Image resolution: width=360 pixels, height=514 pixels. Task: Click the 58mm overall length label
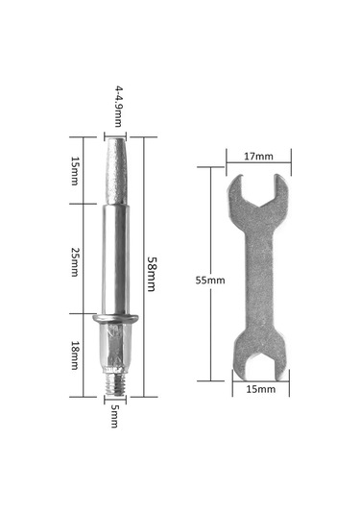tap(151, 274)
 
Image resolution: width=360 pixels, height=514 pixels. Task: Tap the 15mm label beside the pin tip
tap(75, 171)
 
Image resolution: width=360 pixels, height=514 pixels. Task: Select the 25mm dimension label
tap(75, 261)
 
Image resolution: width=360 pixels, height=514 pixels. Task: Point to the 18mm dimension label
tap(75, 355)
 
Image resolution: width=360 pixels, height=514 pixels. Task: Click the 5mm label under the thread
tap(114, 416)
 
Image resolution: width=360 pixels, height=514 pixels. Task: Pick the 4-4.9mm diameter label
tap(118, 107)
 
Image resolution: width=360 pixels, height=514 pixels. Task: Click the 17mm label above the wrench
tap(258, 157)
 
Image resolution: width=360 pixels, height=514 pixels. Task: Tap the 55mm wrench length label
tap(210, 281)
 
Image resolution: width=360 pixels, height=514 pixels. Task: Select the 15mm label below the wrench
tap(261, 389)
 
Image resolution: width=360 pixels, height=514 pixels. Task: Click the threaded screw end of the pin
tap(115, 384)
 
